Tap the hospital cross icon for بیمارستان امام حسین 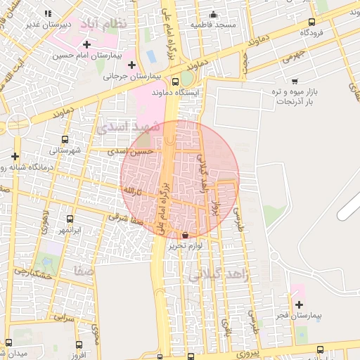point(87,44)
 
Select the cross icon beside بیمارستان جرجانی point(131,65)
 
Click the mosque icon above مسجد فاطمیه point(214,15)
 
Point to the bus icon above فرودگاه point(311,22)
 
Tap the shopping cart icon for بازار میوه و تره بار point(295,82)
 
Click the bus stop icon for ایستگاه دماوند point(175,82)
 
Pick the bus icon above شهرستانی point(65,139)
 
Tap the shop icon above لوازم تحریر point(185,235)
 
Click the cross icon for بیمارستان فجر point(300,304)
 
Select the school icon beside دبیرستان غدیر point(48,13)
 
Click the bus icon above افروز point(79,345)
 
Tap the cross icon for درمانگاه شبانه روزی point(15,155)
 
